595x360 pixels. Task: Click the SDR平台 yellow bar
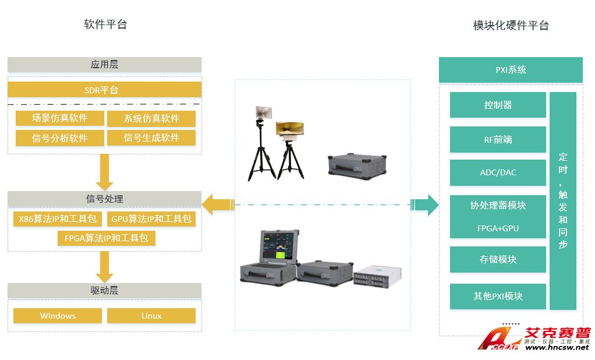pos(105,90)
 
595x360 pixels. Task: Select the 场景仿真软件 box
pos(59,118)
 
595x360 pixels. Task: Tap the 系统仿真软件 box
pos(151,119)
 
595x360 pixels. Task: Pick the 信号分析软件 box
pos(59,138)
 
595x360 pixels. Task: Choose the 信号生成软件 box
pos(151,138)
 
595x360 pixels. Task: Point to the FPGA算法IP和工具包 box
pos(106,238)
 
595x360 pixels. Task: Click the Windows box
pos(58,316)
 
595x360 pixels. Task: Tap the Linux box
pos(151,316)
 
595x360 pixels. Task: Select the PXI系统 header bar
pos(511,70)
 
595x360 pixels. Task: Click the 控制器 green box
pos(498,105)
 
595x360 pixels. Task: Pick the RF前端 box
pos(498,140)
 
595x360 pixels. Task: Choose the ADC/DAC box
pos(498,172)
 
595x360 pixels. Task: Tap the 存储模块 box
pos(498,259)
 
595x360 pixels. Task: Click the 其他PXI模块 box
pos(498,296)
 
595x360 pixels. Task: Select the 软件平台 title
pos(105,24)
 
